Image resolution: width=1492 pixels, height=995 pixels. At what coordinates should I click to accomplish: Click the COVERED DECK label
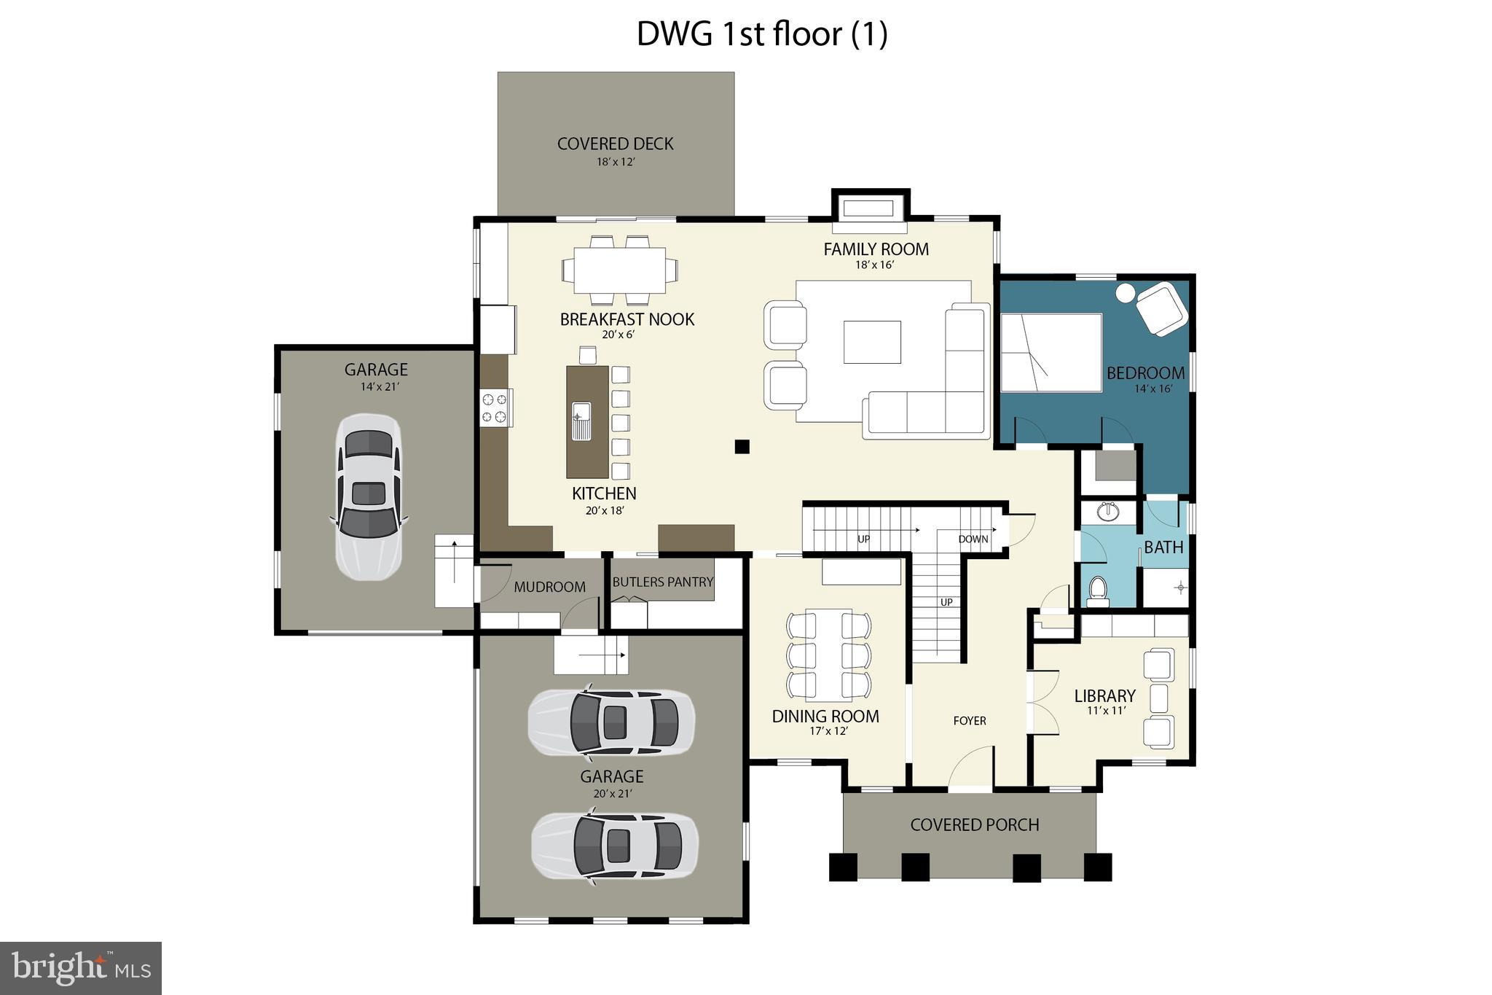click(x=615, y=144)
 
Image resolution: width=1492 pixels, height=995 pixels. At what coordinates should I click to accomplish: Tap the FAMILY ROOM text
click(x=876, y=249)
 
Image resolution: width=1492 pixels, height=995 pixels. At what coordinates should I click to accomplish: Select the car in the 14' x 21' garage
click(x=368, y=497)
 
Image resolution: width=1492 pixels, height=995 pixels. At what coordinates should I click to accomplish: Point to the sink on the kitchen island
click(x=581, y=421)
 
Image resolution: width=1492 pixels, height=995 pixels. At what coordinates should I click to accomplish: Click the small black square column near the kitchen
click(x=742, y=447)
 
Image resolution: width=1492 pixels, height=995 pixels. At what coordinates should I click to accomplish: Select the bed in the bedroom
click(x=1051, y=353)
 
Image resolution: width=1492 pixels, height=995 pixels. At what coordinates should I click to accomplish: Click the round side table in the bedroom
click(x=1126, y=293)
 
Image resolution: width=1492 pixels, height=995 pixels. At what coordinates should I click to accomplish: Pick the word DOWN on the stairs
click(x=973, y=539)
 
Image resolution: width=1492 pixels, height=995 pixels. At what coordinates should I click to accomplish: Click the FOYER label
click(x=970, y=721)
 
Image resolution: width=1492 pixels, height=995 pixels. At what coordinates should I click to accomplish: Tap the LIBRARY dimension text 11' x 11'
click(x=1106, y=711)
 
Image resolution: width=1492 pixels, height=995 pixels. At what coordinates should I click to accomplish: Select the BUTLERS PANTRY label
click(x=662, y=582)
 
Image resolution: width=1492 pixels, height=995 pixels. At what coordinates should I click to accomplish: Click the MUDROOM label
click(x=549, y=587)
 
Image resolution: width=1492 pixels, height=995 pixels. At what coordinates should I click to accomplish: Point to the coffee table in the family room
click(x=872, y=342)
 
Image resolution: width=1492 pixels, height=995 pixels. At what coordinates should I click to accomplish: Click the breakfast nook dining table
click(x=619, y=270)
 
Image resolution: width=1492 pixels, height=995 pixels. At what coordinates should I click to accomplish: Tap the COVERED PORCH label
click(x=974, y=825)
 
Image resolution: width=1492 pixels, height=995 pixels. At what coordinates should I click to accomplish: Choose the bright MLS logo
click(x=81, y=968)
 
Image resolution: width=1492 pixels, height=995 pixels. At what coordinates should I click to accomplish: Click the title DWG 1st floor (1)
click(x=762, y=34)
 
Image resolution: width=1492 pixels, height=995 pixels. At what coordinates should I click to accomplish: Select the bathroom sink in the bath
click(x=1108, y=512)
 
